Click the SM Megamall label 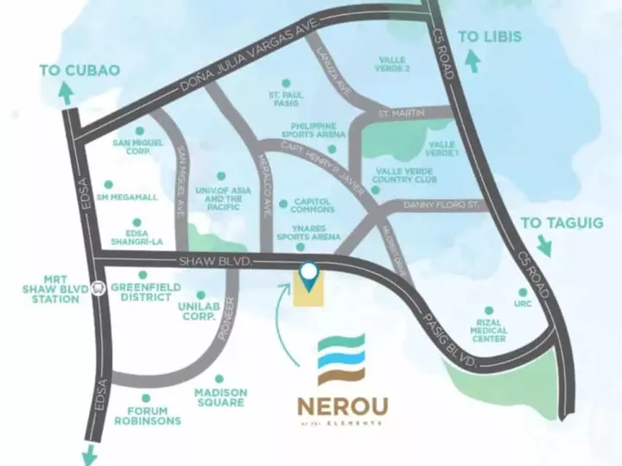[x=129, y=198]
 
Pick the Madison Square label [x=220, y=398]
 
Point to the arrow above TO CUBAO [x=66, y=96]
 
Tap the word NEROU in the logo [x=341, y=405]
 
